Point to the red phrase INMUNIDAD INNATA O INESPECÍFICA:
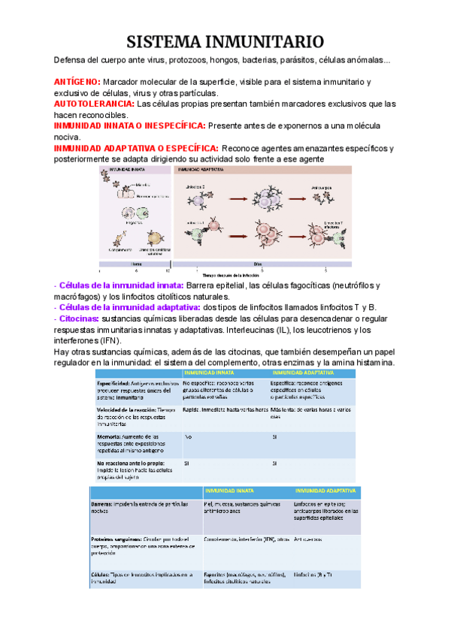pos(129,126)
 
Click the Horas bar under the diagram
pos(137,264)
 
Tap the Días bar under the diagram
pos(258,264)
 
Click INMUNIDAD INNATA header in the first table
pos(208,373)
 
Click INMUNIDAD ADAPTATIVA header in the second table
pos(325,491)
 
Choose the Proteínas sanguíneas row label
pos(118,539)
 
